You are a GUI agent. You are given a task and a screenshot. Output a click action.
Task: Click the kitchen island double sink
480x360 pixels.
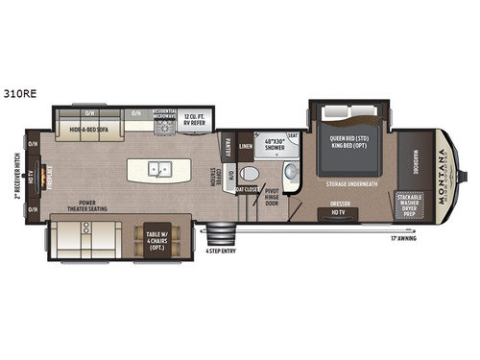pos(159,171)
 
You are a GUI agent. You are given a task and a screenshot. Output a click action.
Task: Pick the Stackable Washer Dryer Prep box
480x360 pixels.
pos(410,206)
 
